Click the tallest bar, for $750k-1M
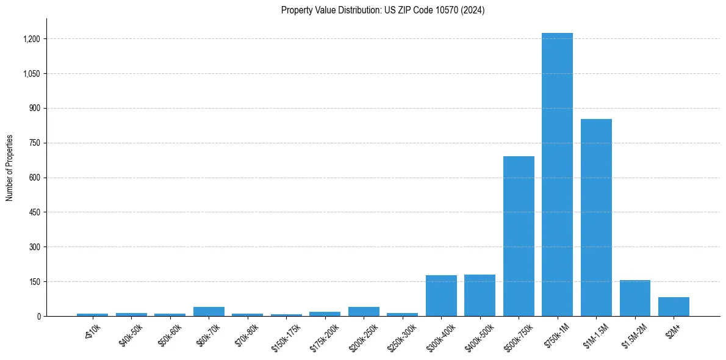click(x=557, y=175)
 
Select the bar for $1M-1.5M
click(x=596, y=217)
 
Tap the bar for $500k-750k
click(x=519, y=236)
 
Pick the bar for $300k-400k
click(x=441, y=295)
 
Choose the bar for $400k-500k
click(x=480, y=295)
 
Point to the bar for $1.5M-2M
click(x=634, y=298)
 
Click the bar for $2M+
click(x=674, y=306)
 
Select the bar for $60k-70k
click(x=209, y=311)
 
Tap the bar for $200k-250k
click(x=364, y=311)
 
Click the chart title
click(x=383, y=10)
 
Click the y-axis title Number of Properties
click(x=10, y=167)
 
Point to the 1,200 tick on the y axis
click(x=31, y=39)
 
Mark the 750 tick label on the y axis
click(x=34, y=143)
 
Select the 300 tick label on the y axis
click(x=34, y=247)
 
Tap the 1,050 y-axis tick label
click(x=31, y=74)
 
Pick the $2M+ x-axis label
click(x=673, y=331)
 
